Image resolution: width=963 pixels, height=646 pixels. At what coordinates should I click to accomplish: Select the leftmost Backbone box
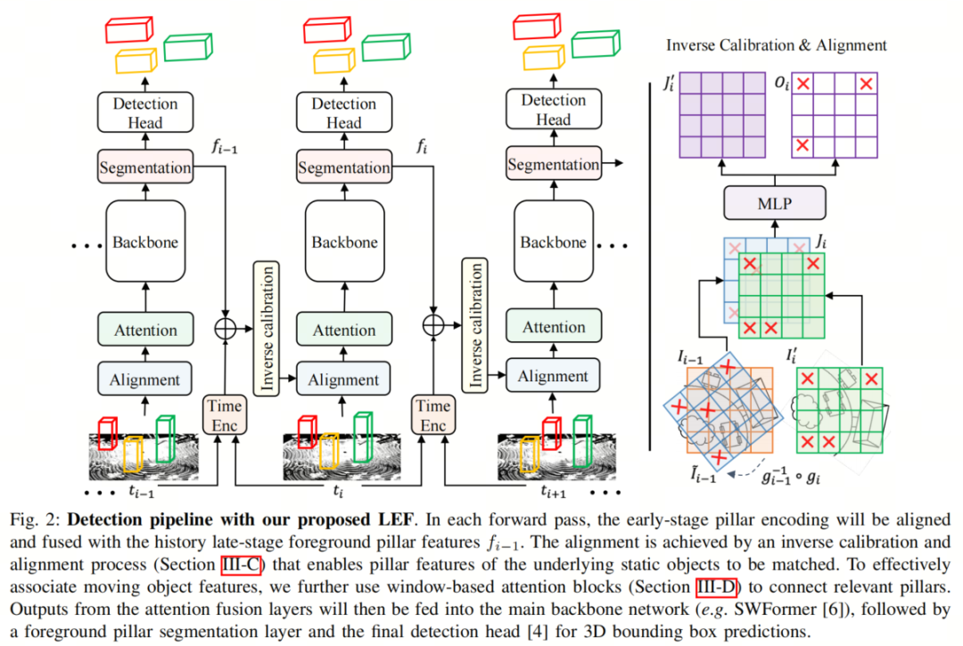[145, 241]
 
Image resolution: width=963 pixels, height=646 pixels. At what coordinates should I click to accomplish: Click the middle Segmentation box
[344, 168]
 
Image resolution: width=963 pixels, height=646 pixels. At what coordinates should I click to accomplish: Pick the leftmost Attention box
[145, 330]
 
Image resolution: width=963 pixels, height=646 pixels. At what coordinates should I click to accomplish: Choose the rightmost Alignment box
[553, 376]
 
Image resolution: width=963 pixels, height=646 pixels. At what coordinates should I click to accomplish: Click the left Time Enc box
[225, 415]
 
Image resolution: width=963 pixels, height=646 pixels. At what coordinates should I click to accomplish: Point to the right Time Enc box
[432, 415]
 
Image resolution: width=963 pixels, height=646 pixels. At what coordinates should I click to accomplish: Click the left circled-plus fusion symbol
[225, 327]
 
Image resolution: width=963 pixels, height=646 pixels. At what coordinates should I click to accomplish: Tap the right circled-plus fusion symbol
[432, 324]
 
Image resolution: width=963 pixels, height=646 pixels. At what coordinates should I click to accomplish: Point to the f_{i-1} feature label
[226, 147]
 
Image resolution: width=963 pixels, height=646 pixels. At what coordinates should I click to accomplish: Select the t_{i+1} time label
[555, 490]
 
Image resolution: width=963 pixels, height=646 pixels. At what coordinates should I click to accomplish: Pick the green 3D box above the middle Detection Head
[387, 47]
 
